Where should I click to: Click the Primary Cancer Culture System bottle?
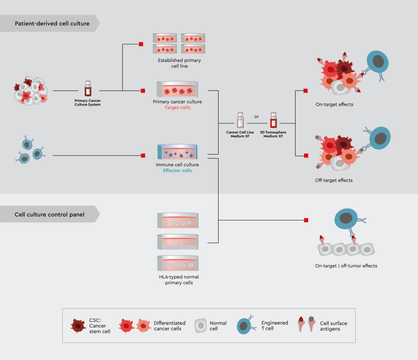88,89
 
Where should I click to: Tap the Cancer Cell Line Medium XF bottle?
240,120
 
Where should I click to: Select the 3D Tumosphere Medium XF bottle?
273,120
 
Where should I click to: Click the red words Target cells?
177,107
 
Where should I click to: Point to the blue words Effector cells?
177,171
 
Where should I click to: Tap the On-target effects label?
334,104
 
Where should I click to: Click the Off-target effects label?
334,180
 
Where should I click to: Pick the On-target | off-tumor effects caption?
346,266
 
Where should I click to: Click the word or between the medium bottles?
257,117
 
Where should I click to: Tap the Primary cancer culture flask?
178,89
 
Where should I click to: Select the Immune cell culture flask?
178,152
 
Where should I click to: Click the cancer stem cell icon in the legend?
78,326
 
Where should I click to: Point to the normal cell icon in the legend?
201,326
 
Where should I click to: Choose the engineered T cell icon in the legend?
245,325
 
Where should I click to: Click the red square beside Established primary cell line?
141,44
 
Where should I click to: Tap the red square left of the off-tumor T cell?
306,220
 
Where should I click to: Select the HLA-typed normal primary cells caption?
179,280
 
